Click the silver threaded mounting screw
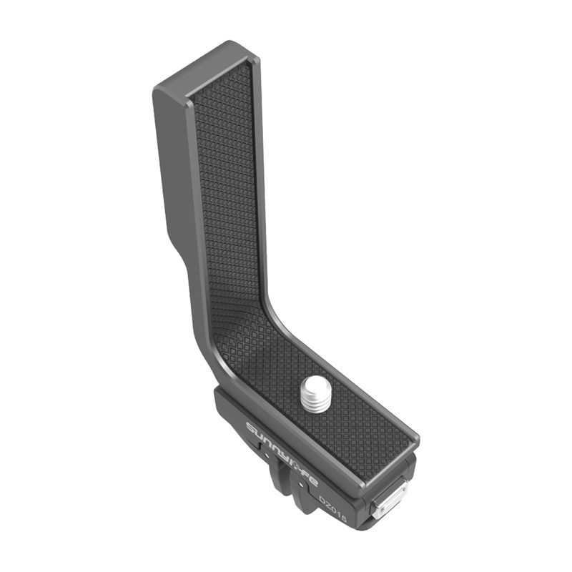pyautogui.click(x=316, y=398)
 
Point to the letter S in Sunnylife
pyautogui.click(x=250, y=427)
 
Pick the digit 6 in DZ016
pyautogui.click(x=344, y=518)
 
